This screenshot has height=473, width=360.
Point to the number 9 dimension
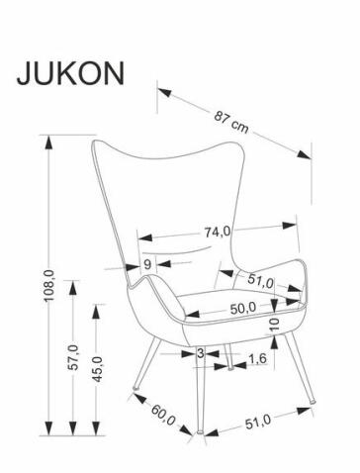147,263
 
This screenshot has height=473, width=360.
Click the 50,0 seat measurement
243,308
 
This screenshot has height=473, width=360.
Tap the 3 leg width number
201,351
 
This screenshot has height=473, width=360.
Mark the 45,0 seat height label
97,369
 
